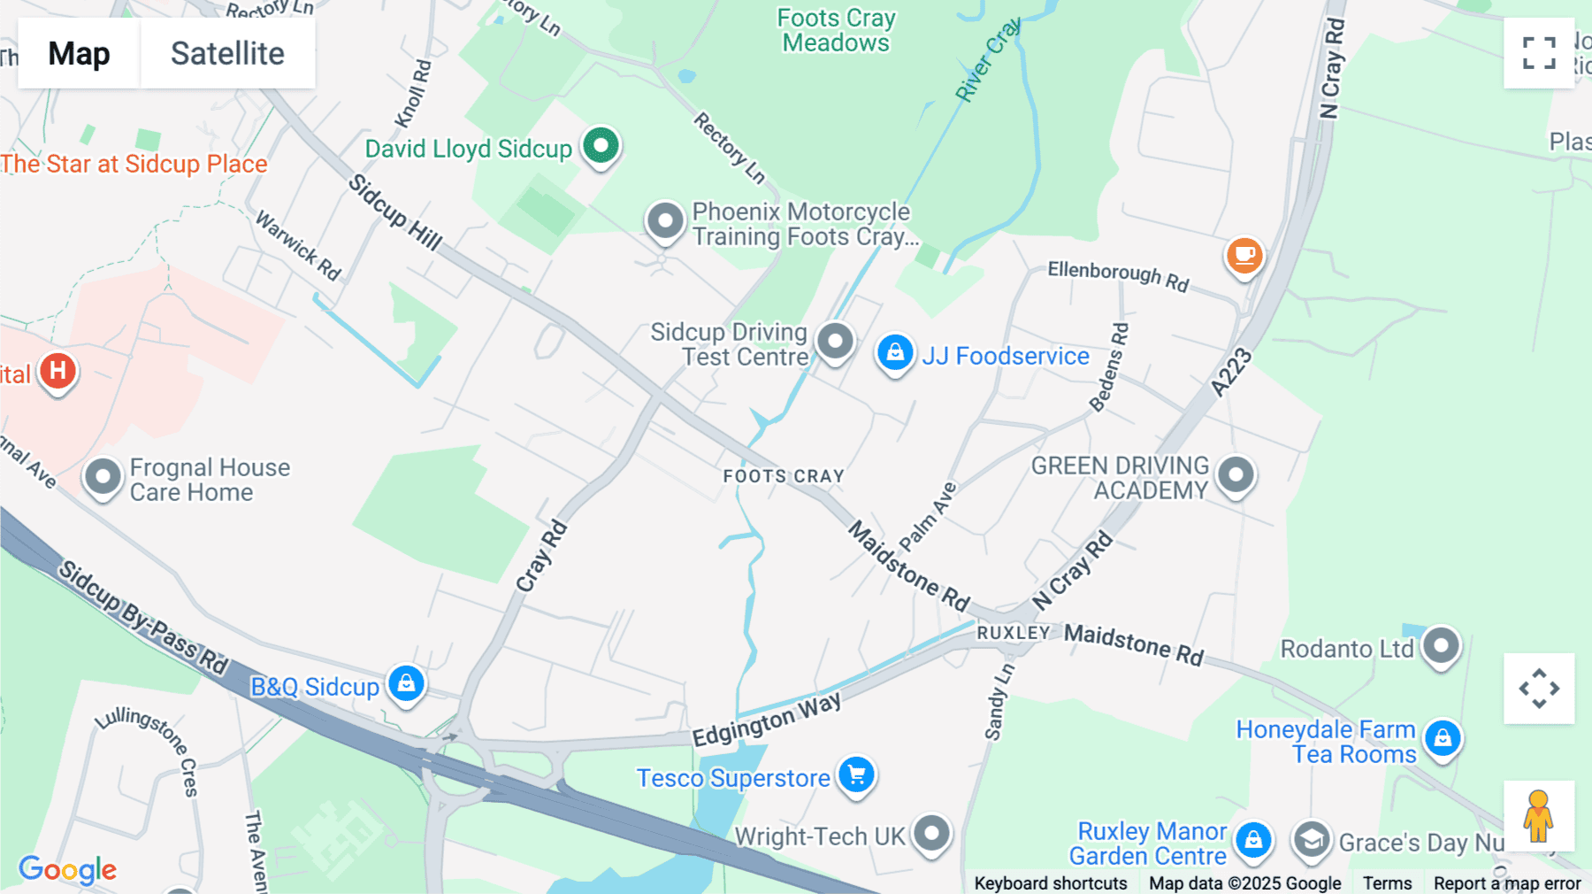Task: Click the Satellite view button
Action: [x=227, y=53]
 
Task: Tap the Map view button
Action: [x=79, y=53]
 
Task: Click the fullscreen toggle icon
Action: [x=1539, y=53]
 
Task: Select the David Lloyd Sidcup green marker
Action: [x=601, y=144]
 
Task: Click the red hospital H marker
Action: [x=57, y=370]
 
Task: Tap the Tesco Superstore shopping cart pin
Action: [x=856, y=775]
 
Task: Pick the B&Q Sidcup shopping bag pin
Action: [x=406, y=683]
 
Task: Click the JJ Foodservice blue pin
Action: [x=895, y=352]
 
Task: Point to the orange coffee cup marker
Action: [x=1244, y=255]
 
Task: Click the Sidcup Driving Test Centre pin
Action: [x=835, y=341]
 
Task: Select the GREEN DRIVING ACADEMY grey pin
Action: [x=1236, y=474]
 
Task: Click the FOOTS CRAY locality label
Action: [x=784, y=476]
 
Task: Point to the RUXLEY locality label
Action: [x=1013, y=633]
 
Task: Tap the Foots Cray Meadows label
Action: [x=836, y=30]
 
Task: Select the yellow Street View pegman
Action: [x=1538, y=815]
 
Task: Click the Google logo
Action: [x=67, y=870]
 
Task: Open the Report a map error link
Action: [x=1507, y=883]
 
